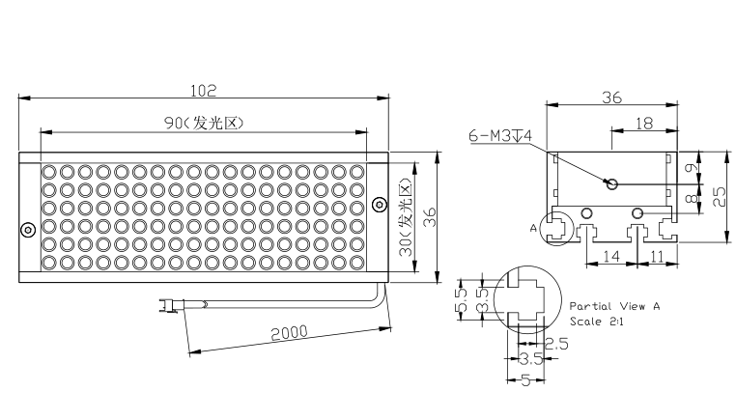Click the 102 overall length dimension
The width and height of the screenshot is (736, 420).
pyautogui.click(x=203, y=91)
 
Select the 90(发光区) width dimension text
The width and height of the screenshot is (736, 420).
pyautogui.click(x=204, y=123)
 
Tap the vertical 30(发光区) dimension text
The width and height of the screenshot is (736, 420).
pyautogui.click(x=405, y=217)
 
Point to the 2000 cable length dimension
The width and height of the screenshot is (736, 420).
pyautogui.click(x=289, y=333)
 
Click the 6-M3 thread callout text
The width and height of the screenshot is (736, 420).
pyautogui.click(x=500, y=136)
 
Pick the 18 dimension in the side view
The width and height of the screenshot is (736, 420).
pyautogui.click(x=644, y=124)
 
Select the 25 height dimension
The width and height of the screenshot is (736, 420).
pyautogui.click(x=720, y=197)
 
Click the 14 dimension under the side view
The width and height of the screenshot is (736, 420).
pyautogui.click(x=611, y=256)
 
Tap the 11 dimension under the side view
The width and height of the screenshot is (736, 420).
pyautogui.click(x=657, y=256)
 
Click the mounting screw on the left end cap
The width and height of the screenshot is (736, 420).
pyautogui.click(x=28, y=230)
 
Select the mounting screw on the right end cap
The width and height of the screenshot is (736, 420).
pyautogui.click(x=380, y=205)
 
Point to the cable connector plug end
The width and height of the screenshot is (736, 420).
pyautogui.click(x=167, y=306)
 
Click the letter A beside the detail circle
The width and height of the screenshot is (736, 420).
pyautogui.click(x=533, y=229)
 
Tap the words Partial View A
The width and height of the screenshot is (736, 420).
pyautogui.click(x=614, y=306)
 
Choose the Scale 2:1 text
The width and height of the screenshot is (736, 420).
pyautogui.click(x=597, y=322)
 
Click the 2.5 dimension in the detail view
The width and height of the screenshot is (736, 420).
pyautogui.click(x=556, y=344)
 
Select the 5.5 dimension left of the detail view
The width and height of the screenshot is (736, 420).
pyautogui.click(x=463, y=300)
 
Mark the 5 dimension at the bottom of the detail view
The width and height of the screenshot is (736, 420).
pyautogui.click(x=525, y=380)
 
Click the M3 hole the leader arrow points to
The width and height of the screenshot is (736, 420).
pyautogui.click(x=612, y=184)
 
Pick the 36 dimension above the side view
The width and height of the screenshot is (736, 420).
pyautogui.click(x=611, y=98)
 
